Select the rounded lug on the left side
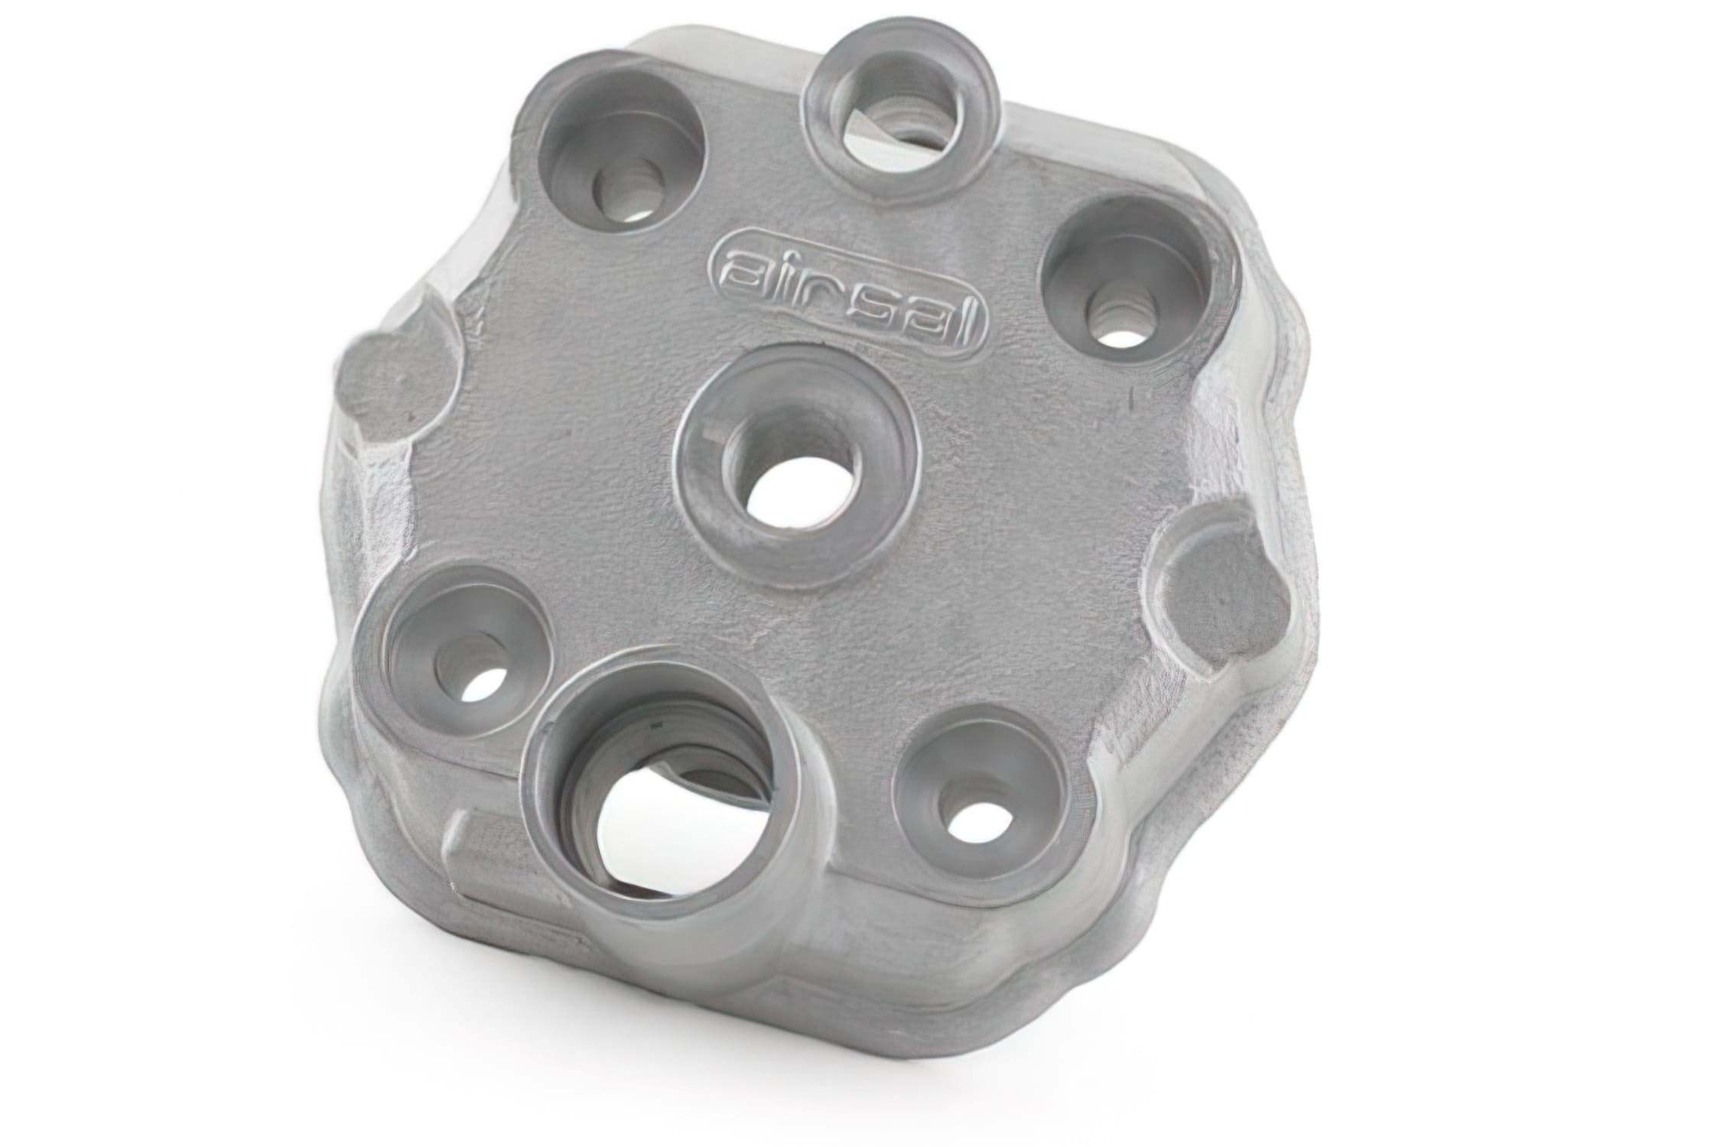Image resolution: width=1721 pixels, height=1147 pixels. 390,375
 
